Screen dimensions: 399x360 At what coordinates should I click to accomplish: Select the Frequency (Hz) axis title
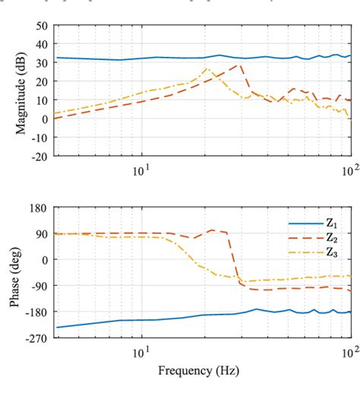pos(202,372)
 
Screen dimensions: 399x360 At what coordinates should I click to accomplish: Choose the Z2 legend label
pos(332,238)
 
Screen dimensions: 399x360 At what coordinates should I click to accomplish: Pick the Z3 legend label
pos(332,252)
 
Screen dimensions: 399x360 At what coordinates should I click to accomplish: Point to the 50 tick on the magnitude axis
pos(43,25)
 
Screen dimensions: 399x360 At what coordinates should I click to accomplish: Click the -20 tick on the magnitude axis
pos(39,157)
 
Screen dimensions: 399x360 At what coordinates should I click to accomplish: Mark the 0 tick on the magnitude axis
pos(45,119)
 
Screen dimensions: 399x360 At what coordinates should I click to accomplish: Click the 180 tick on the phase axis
pos(39,207)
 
